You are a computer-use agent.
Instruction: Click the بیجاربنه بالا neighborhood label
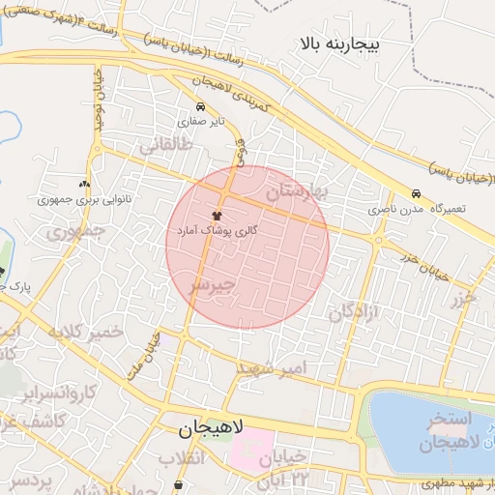pos(341,44)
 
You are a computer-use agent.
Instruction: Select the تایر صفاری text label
pos(200,123)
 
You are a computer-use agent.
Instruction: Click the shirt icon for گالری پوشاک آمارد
pos(215,217)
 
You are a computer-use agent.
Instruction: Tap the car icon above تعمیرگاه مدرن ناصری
pos(416,193)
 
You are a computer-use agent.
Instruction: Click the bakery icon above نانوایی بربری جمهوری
pos(84,184)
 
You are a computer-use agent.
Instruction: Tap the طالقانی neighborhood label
pos(167,146)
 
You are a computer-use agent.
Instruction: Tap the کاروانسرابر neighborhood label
pos(60,393)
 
